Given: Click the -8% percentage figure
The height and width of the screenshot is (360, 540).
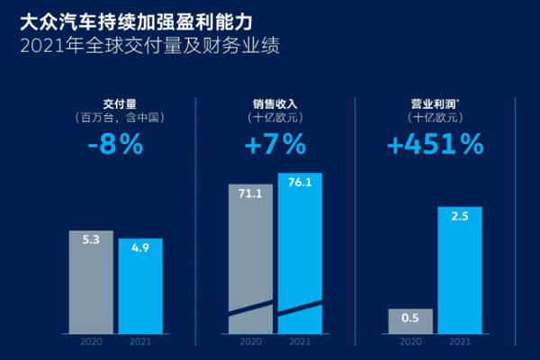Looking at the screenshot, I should pos(116,143).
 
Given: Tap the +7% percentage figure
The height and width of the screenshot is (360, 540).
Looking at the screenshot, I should pos(274,143).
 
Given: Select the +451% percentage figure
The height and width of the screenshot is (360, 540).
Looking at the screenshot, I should pos(434,143).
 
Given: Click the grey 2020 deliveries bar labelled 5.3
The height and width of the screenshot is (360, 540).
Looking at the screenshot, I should pos(91,283).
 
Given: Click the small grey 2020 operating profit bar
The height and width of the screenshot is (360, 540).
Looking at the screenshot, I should pos(410,321).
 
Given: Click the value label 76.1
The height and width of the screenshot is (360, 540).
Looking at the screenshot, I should pos(300,184).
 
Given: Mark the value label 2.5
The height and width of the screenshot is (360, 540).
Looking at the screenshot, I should pos(459,217).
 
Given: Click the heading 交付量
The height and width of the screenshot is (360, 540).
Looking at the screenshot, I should pos(116,103).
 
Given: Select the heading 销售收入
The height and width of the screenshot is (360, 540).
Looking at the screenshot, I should pos(274,103).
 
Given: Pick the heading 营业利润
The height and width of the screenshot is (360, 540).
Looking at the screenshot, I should pos(435,103).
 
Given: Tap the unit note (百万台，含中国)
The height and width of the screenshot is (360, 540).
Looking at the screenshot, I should pos(116,117).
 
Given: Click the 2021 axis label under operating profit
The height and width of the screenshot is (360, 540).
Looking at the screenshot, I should pos(459,342).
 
